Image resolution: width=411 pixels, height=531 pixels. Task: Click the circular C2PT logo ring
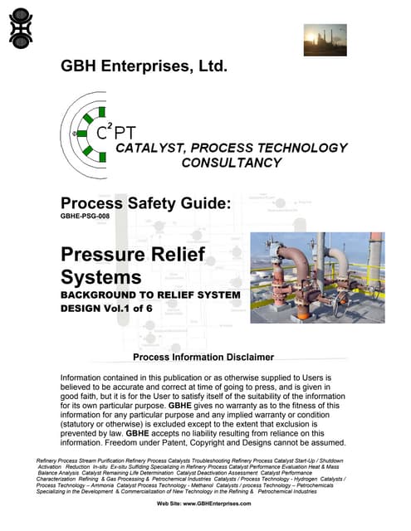pos(90,133)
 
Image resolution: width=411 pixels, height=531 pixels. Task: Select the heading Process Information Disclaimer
pos(203,357)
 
